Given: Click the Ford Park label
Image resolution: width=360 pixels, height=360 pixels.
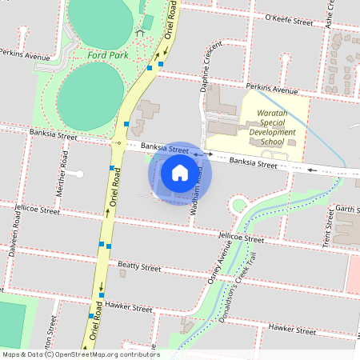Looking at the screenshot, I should [x=107, y=55].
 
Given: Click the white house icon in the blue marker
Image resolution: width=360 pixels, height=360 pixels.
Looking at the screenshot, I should [x=180, y=172].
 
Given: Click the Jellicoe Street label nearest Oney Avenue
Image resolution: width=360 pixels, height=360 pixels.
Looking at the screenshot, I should [x=242, y=238].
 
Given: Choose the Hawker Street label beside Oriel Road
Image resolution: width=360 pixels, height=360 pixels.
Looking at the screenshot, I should [x=130, y=307].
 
